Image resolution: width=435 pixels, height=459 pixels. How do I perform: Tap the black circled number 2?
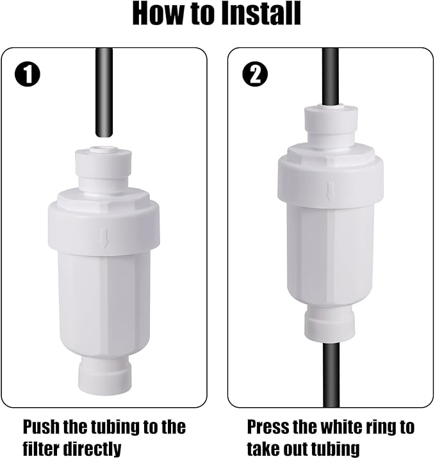tap(256, 76)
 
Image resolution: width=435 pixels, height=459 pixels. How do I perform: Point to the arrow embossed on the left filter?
tap(104, 240)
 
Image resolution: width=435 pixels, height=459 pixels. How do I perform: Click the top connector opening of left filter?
tap(103, 152)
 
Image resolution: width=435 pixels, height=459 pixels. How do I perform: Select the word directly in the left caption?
tap(93, 447)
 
